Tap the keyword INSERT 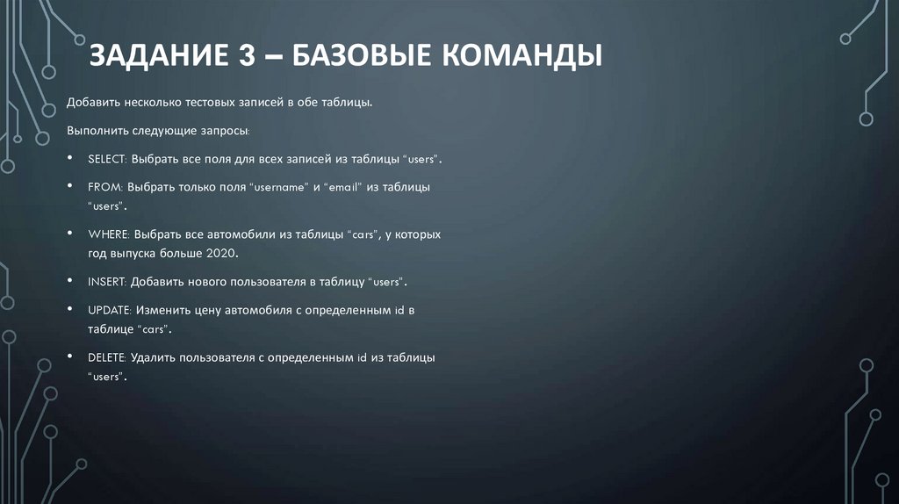tap(107, 283)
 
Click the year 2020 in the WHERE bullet tap(222, 253)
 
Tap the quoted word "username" tap(277, 187)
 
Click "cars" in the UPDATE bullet tap(154, 328)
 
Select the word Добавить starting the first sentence tap(90, 104)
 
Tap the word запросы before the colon tap(225, 131)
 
